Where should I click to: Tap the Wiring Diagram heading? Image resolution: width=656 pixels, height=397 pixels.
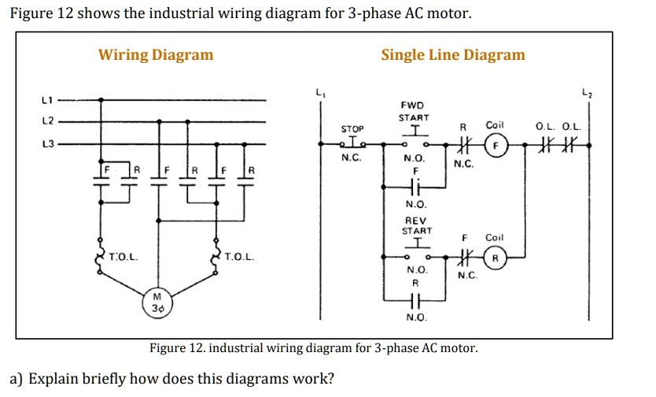(156, 54)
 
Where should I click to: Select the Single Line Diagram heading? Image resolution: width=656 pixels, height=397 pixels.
(452, 54)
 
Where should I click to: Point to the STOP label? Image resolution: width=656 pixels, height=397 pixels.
(352, 128)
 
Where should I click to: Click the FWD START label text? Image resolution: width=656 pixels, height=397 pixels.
(413, 111)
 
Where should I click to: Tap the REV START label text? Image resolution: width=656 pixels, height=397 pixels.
(416, 225)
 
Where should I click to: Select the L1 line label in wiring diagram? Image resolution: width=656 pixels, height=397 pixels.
(46, 100)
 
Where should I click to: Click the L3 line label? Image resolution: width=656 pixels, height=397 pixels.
(46, 145)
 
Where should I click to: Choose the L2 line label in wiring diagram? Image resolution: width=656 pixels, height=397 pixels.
(46, 122)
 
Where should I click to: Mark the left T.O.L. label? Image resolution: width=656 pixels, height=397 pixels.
(124, 257)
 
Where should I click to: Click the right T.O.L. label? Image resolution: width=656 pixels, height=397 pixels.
(238, 257)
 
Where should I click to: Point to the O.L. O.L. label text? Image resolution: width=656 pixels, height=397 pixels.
(558, 126)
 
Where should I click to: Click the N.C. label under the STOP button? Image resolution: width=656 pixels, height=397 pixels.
(351, 158)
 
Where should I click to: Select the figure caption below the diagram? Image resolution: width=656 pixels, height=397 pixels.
(314, 348)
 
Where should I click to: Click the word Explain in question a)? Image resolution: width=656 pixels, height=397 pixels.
(54, 378)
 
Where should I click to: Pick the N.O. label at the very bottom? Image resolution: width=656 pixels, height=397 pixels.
(416, 317)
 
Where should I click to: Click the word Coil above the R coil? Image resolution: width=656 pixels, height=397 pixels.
(495, 237)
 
